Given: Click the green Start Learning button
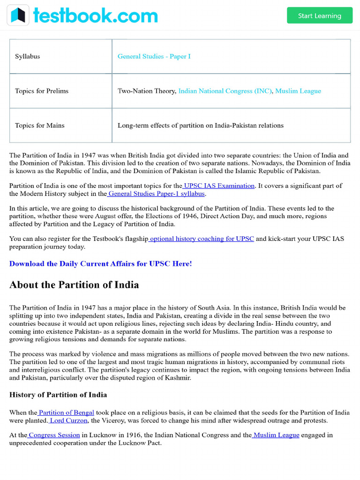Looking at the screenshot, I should (319, 15).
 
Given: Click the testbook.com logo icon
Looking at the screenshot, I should (18, 15).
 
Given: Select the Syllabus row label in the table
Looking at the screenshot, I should (27, 56).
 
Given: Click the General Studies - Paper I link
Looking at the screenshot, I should (154, 56).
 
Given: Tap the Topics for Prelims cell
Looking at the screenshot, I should (41, 91).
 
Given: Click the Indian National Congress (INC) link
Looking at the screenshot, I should (225, 91).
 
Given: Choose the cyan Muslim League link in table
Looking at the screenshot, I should (298, 91).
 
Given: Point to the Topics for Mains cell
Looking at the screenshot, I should (39, 125).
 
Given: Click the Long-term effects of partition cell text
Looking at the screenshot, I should (200, 125).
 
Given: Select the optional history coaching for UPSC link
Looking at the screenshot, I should (202, 239).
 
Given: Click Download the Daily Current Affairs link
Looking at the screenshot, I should (100, 263).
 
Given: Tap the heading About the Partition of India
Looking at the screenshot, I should (74, 285).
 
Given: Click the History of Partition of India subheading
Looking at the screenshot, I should (58, 395).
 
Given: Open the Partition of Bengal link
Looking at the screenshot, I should (66, 412).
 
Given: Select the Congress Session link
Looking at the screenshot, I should (54, 435).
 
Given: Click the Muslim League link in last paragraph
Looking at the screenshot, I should (276, 435).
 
